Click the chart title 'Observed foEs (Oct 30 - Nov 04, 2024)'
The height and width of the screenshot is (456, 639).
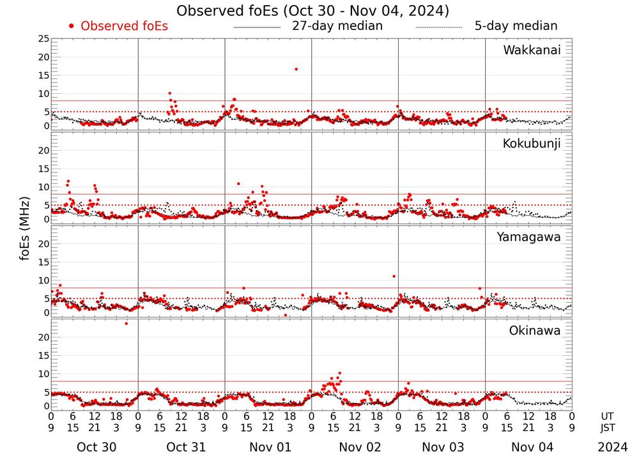click(x=312, y=11)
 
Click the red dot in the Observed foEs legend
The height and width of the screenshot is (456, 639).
click(x=72, y=26)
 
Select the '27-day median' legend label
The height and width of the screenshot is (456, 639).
click(x=337, y=26)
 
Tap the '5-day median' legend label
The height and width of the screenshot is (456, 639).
click(x=516, y=26)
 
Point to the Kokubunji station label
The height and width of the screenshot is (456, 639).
click(x=532, y=144)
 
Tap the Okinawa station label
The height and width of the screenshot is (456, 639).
click(x=535, y=331)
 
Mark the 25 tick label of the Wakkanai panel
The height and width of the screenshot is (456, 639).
click(x=43, y=39)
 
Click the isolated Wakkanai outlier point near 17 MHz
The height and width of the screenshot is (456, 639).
click(x=296, y=69)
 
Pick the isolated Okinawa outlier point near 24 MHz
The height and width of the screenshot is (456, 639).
click(x=126, y=323)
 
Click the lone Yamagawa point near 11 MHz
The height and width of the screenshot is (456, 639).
click(x=394, y=276)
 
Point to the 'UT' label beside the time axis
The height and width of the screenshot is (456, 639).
click(x=607, y=416)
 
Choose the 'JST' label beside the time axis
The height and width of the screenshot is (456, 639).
click(x=608, y=428)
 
